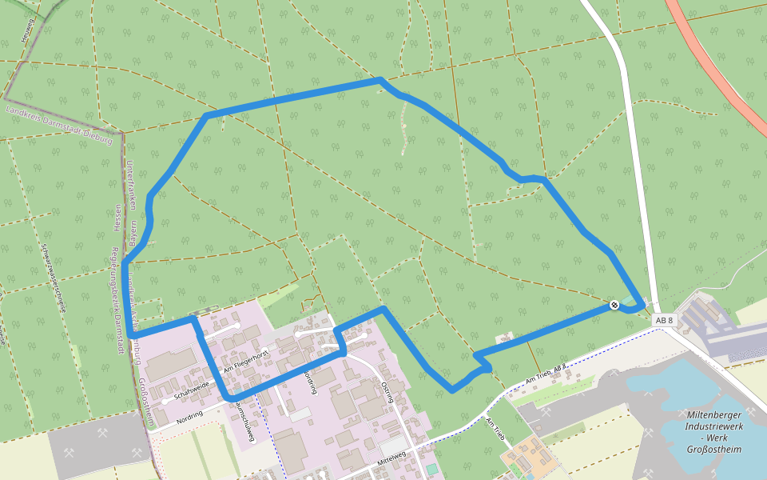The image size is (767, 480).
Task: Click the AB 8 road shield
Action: point(664,321)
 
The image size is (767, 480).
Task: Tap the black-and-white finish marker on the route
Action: point(614,305)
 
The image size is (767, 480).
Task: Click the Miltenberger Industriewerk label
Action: point(713,432)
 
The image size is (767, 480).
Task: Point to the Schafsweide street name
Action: point(191,389)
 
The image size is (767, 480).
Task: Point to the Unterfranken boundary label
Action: point(130,185)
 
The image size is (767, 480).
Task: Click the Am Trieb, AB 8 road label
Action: point(546,372)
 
